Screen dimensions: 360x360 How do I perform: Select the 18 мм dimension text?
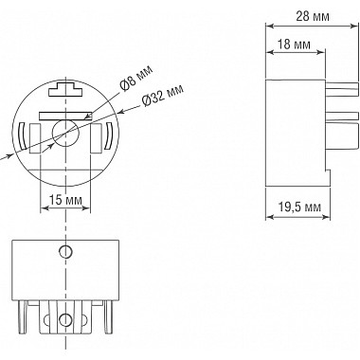pos(292,45)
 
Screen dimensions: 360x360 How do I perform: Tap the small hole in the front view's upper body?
pos(64,251)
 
